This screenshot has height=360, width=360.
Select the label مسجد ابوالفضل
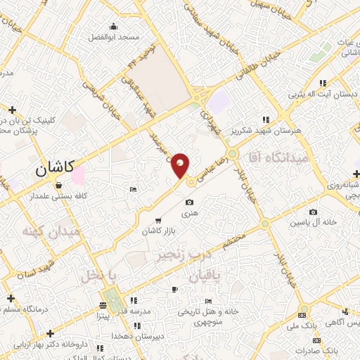tap(120, 36)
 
